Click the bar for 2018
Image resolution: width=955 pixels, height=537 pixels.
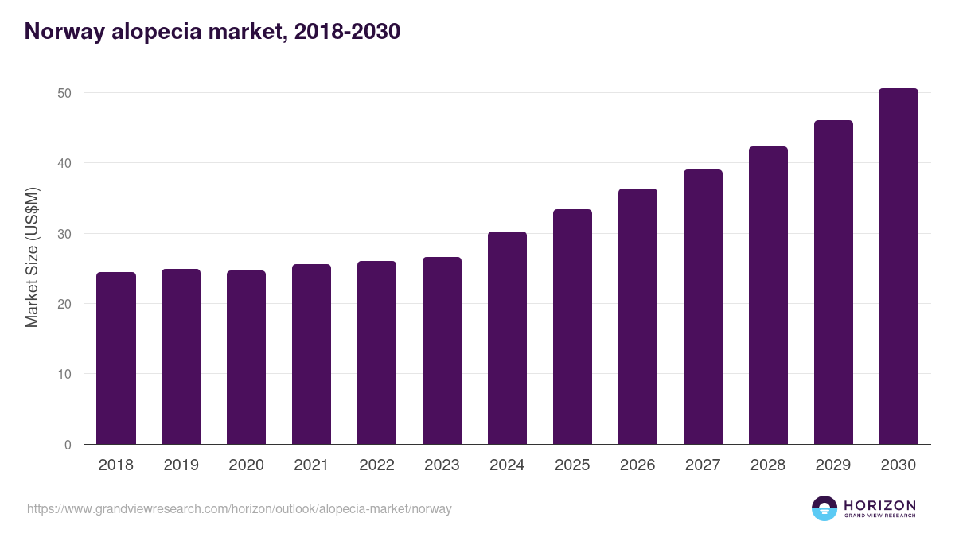click(x=116, y=358)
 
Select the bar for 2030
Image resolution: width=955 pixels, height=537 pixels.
click(x=898, y=267)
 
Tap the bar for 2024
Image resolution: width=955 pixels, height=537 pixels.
click(x=507, y=338)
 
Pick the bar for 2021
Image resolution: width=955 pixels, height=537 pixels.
click(x=311, y=354)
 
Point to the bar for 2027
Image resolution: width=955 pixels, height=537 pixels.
click(x=703, y=307)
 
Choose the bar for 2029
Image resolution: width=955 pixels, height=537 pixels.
click(x=833, y=282)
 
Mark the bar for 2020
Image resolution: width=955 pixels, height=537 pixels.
click(x=246, y=357)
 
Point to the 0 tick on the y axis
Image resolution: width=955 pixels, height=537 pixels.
click(x=68, y=445)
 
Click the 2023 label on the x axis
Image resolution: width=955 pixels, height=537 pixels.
click(x=442, y=465)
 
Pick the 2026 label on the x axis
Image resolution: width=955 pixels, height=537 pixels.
click(x=637, y=465)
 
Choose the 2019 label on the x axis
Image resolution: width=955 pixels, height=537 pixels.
click(x=181, y=465)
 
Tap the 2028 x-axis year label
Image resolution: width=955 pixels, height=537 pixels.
click(x=768, y=465)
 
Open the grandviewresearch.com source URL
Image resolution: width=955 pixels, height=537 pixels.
click(x=239, y=508)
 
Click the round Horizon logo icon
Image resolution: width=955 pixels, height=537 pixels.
click(x=824, y=508)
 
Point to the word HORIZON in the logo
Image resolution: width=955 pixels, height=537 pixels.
click(x=879, y=505)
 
